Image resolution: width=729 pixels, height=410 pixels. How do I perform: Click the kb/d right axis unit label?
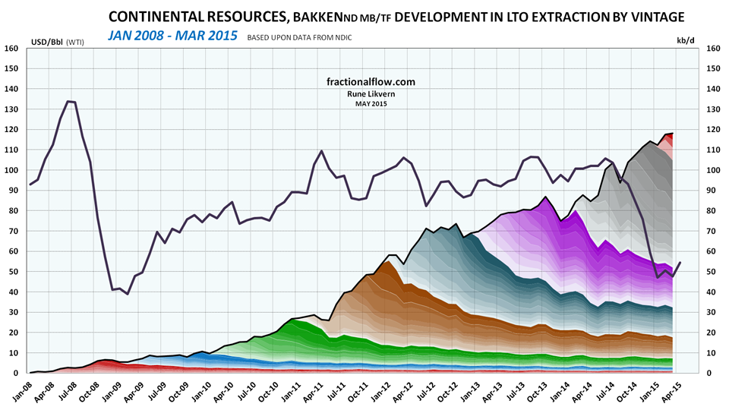[685, 41]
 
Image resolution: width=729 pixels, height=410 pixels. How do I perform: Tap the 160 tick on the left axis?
[11, 49]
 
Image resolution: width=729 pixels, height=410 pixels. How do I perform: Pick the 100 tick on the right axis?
[713, 170]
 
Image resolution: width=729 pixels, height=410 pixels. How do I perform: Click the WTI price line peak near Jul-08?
[69, 101]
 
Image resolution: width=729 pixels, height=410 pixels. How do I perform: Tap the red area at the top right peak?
[668, 136]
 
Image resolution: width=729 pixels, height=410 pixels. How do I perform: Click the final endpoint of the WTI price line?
[680, 262]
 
